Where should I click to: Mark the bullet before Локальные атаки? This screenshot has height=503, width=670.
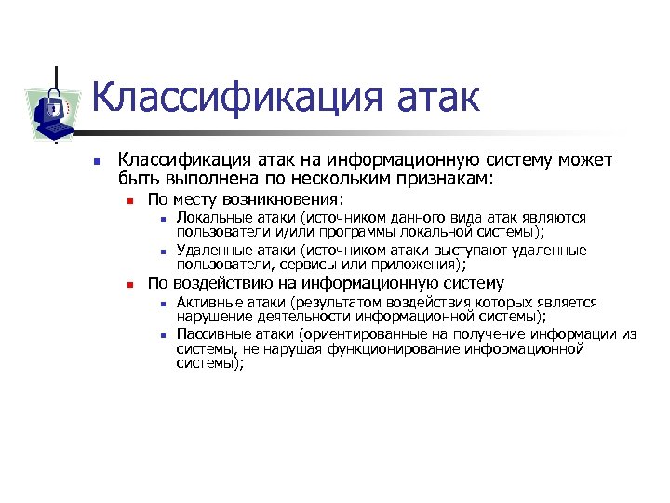[x=161, y=219]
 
